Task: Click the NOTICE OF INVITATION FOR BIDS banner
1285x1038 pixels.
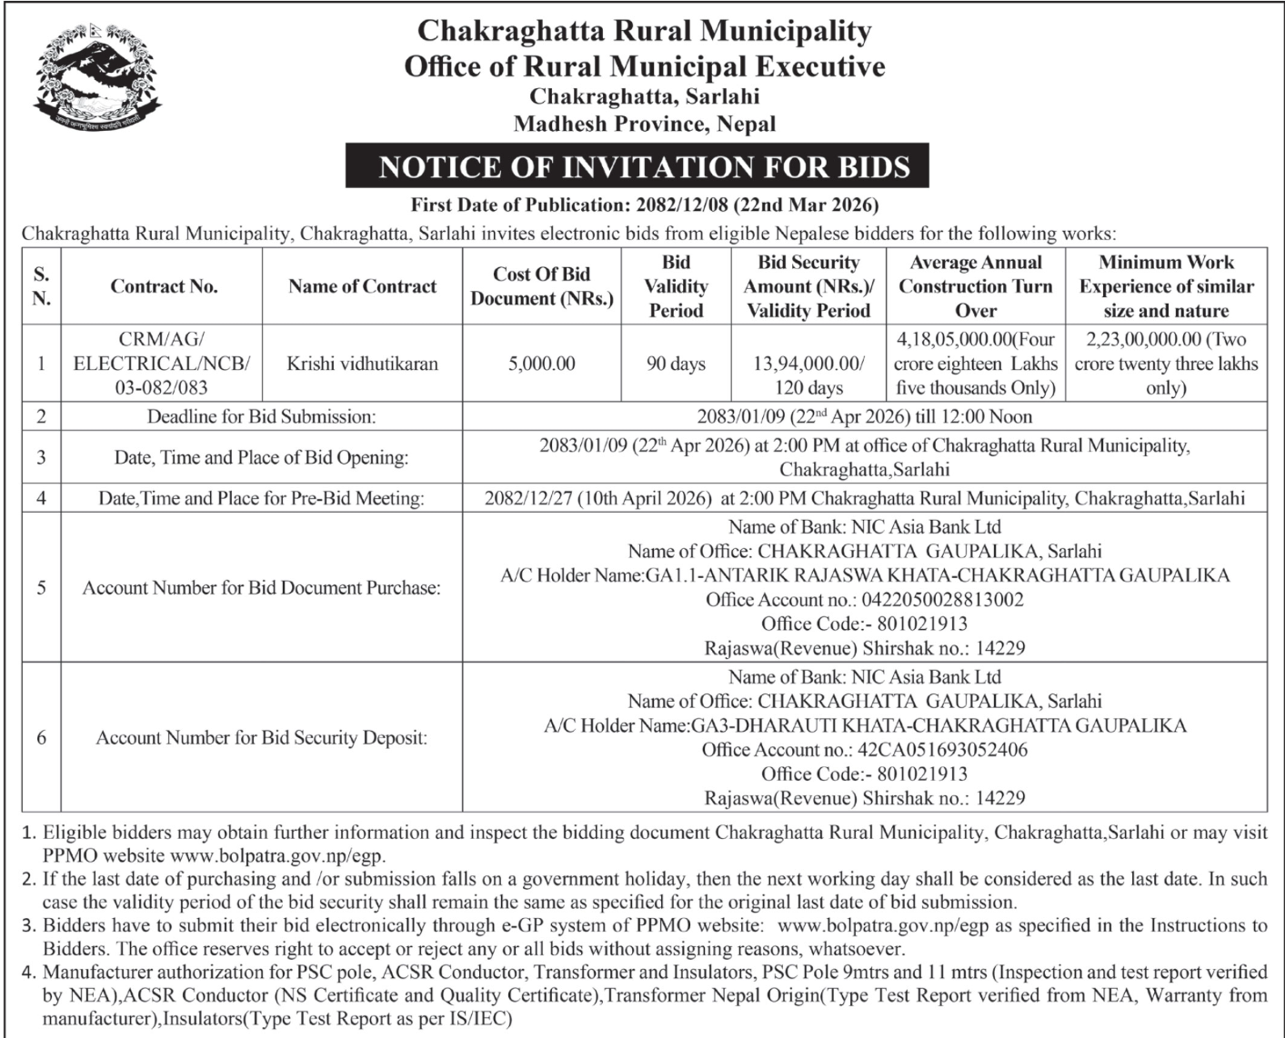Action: (x=644, y=167)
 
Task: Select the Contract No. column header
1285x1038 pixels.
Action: (x=164, y=286)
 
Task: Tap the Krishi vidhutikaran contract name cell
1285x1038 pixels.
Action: (x=362, y=364)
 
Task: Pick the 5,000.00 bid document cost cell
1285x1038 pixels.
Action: (x=541, y=364)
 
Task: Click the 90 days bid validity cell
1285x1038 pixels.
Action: (x=676, y=364)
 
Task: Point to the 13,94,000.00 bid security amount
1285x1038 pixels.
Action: (x=808, y=364)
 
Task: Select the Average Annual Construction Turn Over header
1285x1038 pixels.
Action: (x=975, y=286)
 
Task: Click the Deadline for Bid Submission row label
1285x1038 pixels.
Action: (x=261, y=417)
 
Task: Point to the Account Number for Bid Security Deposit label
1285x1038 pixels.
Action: (x=261, y=738)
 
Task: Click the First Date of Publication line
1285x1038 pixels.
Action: (x=644, y=205)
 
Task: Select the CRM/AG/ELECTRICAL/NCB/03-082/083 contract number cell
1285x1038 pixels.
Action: (x=164, y=364)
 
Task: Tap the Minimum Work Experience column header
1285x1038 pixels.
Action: (x=1166, y=286)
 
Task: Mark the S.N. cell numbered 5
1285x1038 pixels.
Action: (x=41, y=588)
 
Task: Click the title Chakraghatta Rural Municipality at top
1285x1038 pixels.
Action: (x=644, y=32)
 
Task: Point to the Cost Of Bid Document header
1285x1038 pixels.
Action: (x=541, y=286)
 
